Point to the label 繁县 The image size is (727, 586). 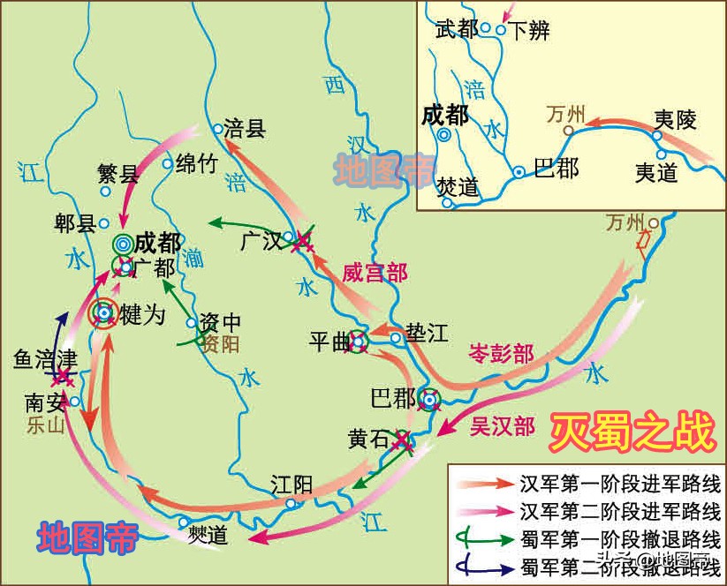118,174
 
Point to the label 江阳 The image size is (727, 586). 292,485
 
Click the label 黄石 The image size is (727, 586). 369,438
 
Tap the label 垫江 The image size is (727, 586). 428,333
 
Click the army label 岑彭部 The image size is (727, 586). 501,354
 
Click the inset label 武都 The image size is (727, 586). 457,30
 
